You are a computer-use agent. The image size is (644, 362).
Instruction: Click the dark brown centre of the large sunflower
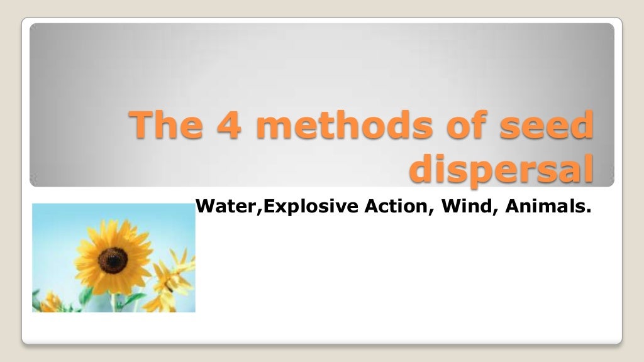coord(113,260)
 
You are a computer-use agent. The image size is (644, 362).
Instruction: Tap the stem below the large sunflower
coord(115,300)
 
